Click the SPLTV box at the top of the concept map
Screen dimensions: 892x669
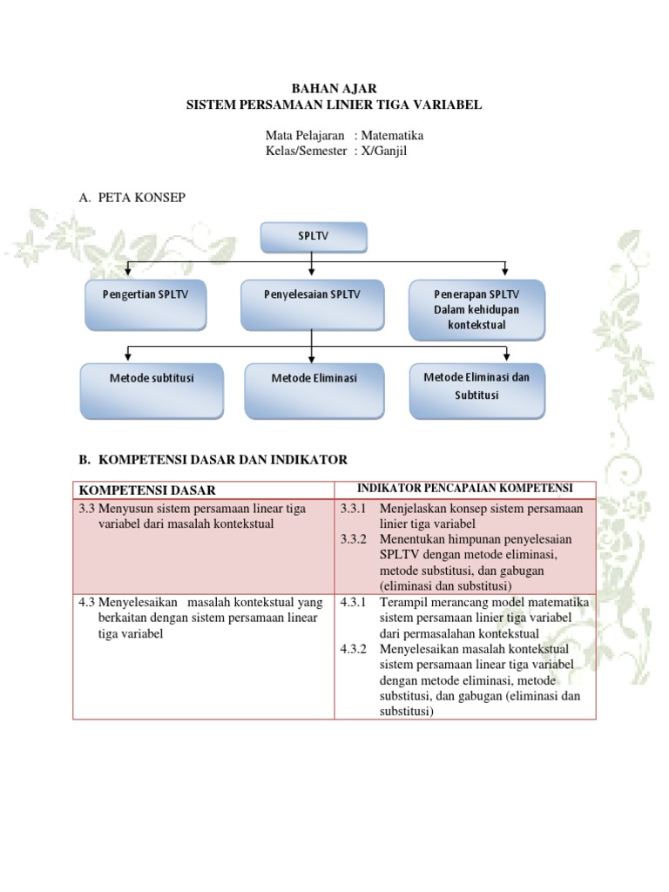tap(314, 236)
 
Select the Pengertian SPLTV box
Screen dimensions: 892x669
tap(145, 303)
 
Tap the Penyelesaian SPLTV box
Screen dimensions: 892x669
tap(312, 304)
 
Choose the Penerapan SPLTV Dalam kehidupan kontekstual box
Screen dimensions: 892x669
tap(476, 309)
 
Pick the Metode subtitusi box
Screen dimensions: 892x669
tap(152, 389)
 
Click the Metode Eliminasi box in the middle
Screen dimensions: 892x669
tap(314, 389)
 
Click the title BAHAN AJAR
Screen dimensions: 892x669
tap(334, 89)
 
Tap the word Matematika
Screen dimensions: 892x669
tap(392, 136)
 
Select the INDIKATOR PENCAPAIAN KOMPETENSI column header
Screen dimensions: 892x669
tap(464, 488)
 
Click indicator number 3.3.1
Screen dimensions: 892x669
tap(354, 508)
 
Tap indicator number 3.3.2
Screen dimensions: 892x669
tap(354, 539)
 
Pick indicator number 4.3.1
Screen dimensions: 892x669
tap(354, 602)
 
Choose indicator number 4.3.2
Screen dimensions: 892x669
tap(354, 649)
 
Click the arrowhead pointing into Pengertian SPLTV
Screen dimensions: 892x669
tap(129, 273)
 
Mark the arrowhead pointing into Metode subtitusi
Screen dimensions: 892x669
tap(129, 356)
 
